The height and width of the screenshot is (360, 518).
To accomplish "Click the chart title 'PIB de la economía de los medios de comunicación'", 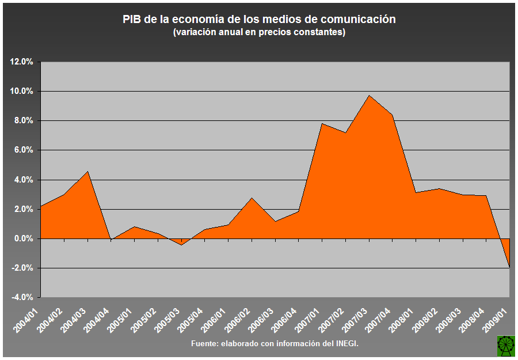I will pos(259,19).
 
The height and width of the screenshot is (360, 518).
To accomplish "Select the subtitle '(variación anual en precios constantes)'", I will pos(259,32).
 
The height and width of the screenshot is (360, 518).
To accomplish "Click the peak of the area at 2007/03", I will pos(369,96).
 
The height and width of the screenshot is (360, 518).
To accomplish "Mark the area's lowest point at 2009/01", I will pos(509,267).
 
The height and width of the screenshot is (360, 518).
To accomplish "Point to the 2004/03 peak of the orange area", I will pos(87,171).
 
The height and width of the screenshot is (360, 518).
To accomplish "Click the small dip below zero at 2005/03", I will pos(181,245).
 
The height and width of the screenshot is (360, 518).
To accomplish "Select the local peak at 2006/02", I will pos(252,198).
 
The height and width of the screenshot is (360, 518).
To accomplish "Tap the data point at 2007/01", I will pos(322,123).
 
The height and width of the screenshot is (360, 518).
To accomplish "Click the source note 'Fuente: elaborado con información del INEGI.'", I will pos(275,344).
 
